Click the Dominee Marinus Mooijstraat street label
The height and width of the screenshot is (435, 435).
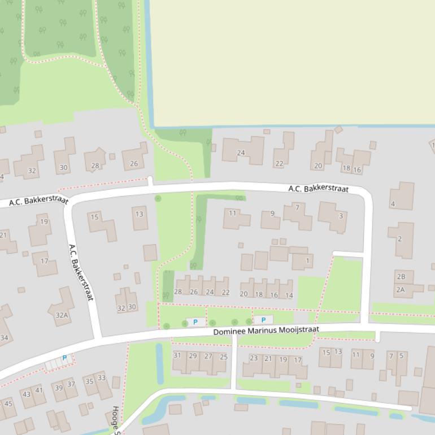point(266,330)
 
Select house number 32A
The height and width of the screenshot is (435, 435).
point(62,315)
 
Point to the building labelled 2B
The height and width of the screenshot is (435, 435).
point(401,276)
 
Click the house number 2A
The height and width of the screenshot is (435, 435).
point(400,289)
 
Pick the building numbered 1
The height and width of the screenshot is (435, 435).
point(308,261)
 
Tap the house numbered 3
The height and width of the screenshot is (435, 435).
point(341,216)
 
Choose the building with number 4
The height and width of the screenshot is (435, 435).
point(393,203)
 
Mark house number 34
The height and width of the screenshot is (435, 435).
point(5,338)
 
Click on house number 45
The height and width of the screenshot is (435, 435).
point(8,403)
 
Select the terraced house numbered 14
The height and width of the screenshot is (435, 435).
point(289,294)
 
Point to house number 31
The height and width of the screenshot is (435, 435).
point(177,356)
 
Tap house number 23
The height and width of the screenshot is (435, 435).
point(253,358)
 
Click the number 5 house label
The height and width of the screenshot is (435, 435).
point(402,355)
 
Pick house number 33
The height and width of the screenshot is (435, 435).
point(101,378)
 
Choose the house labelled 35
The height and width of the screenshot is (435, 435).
point(89,381)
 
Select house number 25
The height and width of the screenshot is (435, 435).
point(223,356)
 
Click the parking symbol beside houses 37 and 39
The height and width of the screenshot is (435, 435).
point(64,358)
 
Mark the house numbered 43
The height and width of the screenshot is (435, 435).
point(27,394)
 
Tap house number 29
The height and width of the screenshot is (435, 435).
point(193,356)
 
